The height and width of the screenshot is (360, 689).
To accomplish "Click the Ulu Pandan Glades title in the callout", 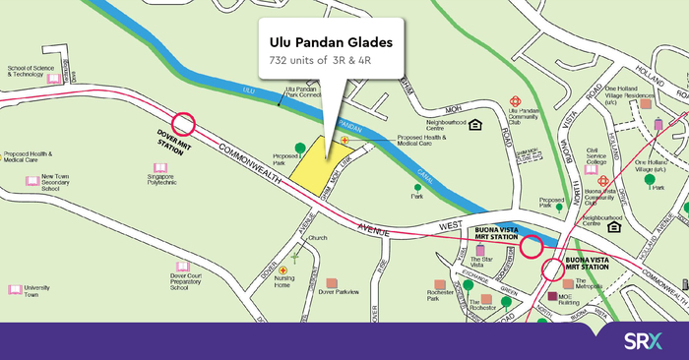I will click(324, 43).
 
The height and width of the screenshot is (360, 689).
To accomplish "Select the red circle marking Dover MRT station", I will click(184, 124).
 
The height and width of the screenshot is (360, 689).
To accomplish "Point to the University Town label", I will click(36, 291).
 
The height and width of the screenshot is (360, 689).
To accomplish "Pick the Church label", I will click(317, 238).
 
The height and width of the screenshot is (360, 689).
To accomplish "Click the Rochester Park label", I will click(446, 294).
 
